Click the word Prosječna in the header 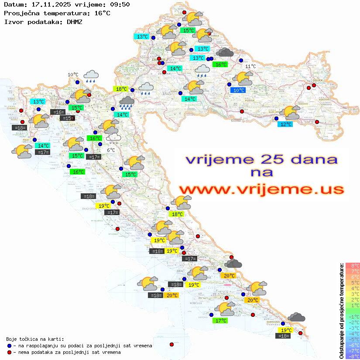coord(21,13)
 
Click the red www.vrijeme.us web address coord(261,189)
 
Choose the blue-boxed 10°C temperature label coord(238,90)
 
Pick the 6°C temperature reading coord(111,150)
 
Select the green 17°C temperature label coord(221,321)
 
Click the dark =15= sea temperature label coord(67,118)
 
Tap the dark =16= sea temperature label coord(58,112)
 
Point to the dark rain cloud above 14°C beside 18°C coord(127,103)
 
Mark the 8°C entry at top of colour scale coord(352,266)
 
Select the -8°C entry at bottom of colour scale coord(352,357)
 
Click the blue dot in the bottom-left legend coord(9,346)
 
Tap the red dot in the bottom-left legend coord(9,352)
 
